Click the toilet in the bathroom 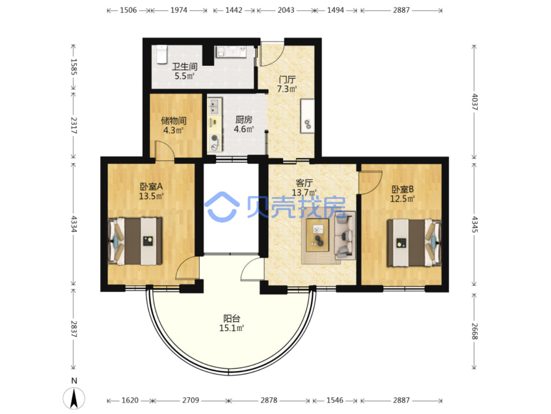pos(161,54)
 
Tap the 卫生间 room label pos(185,67)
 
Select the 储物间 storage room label pos(173,121)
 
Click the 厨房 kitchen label pos(243,120)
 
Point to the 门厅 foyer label pos(287,80)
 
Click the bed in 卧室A pos(135,241)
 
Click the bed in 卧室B pos(414,243)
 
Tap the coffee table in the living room pos(317,235)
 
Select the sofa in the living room pos(345,235)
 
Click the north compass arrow pos(74,398)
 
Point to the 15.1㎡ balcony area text pos(231,328)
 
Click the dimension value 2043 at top pos(286,10)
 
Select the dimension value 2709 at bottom pos(191,400)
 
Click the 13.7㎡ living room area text pos(304,193)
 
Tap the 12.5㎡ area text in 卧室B pos(402,199)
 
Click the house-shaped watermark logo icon pos(222,207)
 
